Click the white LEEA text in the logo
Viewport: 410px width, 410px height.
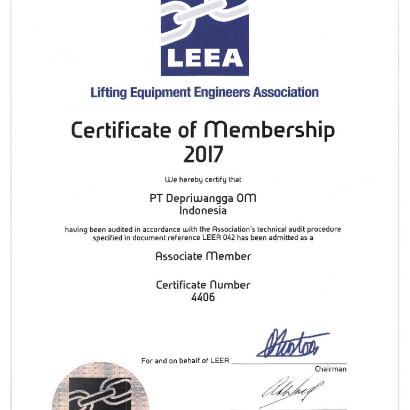(205, 58)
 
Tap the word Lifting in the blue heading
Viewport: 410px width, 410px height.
(108, 92)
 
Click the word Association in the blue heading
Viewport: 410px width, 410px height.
(286, 92)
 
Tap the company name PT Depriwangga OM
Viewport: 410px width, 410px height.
(203, 198)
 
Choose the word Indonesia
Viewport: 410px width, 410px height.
(203, 210)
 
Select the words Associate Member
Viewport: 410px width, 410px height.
(203, 256)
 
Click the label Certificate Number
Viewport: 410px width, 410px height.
(203, 285)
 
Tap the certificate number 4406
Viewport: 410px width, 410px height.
(203, 297)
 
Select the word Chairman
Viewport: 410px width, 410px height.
(330, 369)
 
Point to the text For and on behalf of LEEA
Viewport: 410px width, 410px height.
(185, 361)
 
